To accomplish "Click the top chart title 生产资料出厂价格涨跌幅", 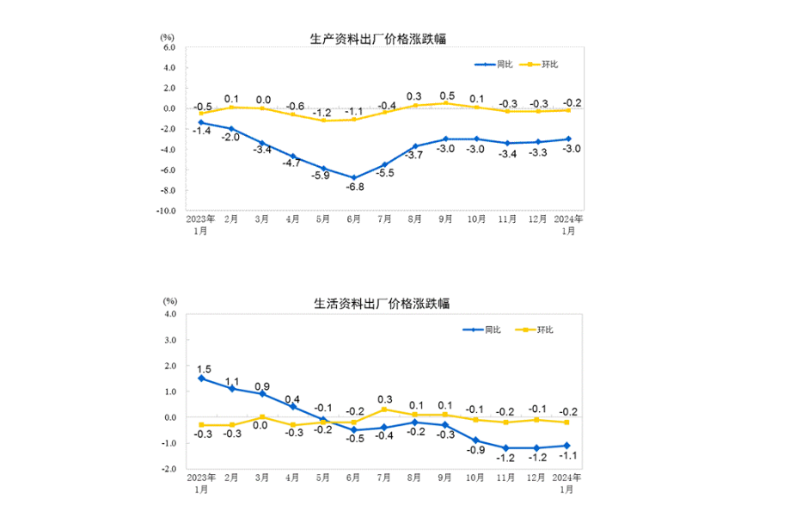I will [378, 38].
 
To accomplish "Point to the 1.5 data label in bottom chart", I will [203, 367].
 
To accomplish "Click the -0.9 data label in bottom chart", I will [476, 451].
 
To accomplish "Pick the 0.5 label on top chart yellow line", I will [447, 96].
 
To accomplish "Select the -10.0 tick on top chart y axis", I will [164, 211].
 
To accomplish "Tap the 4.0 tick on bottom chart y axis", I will [169, 314].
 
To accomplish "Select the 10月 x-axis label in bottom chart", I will [476, 478].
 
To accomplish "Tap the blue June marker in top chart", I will [354, 178].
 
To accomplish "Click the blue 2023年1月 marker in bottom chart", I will [201, 379].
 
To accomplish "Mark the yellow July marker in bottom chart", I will [384, 409].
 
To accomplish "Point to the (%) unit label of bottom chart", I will [169, 301].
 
